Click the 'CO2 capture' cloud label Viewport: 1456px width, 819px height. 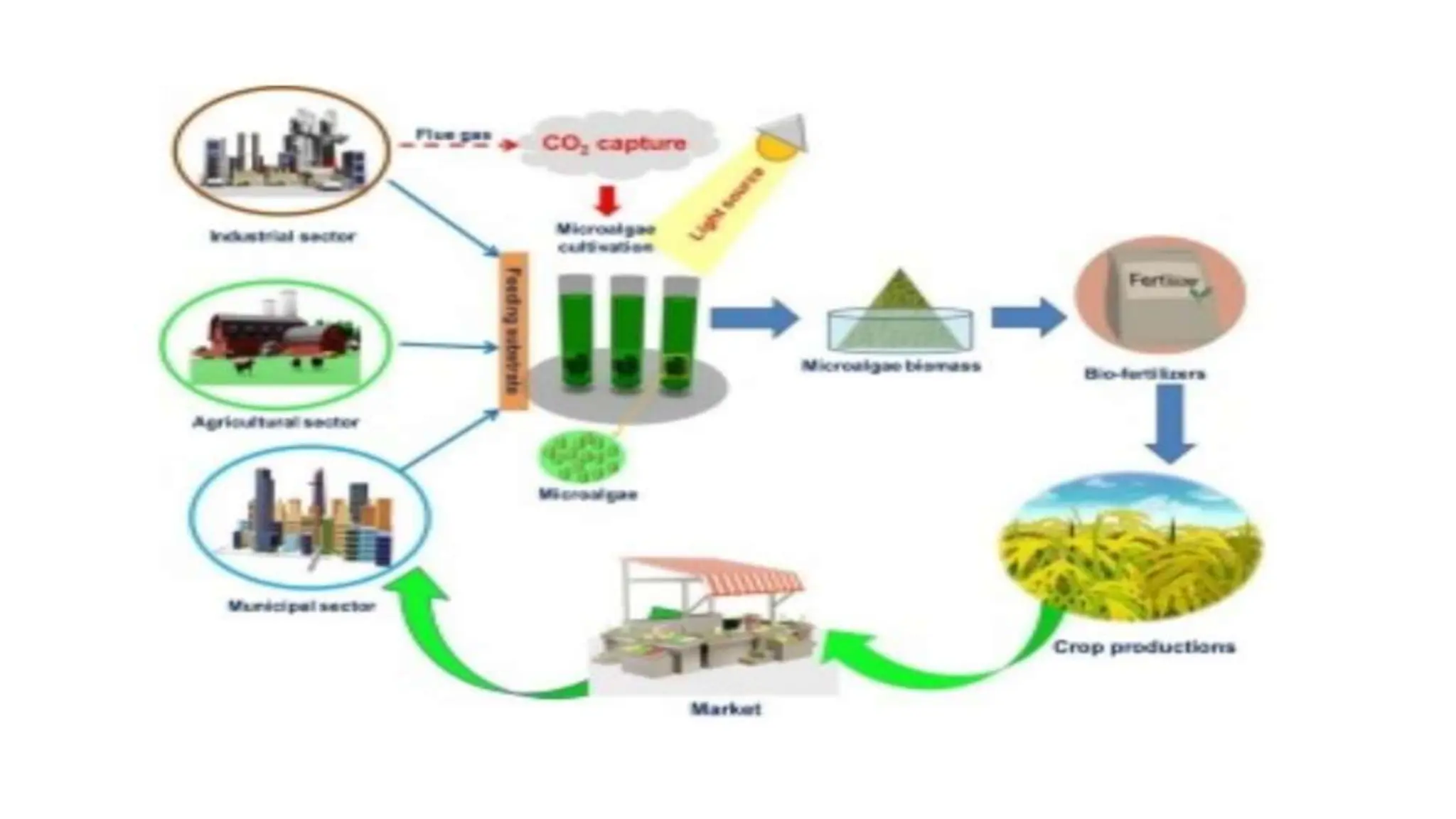tap(614, 144)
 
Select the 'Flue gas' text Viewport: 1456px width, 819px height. tap(454, 134)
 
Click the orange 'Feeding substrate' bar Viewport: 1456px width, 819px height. tap(514, 331)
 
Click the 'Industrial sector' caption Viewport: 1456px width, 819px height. tap(282, 236)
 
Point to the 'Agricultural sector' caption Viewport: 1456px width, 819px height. tap(276, 422)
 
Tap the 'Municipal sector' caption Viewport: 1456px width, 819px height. tap(301, 606)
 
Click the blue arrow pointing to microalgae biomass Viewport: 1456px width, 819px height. tap(754, 317)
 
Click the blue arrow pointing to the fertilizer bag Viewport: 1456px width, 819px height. tap(1028, 317)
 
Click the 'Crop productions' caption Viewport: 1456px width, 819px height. tap(1143, 647)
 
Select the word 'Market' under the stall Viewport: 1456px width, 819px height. tap(725, 709)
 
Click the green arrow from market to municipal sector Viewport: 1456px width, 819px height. tap(455, 654)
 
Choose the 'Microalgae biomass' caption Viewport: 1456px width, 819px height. tap(891, 366)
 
